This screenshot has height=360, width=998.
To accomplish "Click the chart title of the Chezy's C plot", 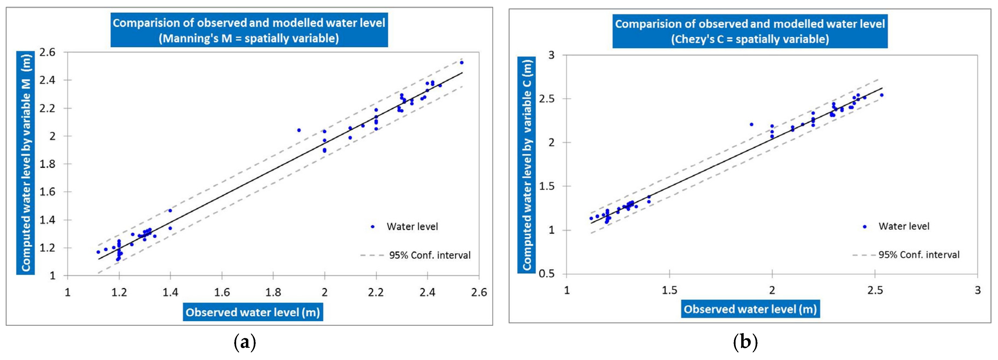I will pyautogui.click(x=750, y=31).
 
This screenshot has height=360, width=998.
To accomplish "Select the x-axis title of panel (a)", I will pyautogui.click(x=253, y=312).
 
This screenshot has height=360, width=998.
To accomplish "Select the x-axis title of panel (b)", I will pyautogui.click(x=750, y=309).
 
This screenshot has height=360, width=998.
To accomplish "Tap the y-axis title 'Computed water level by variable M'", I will pyautogui.click(x=26, y=163).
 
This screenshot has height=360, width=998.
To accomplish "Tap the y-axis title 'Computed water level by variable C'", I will pyautogui.click(x=527, y=165).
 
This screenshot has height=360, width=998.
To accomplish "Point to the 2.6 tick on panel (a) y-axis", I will pyautogui.click(x=47, y=52).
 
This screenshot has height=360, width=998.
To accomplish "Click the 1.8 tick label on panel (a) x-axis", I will pyautogui.click(x=273, y=292).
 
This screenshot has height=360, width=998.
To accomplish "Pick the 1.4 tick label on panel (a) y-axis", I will pyautogui.click(x=47, y=220).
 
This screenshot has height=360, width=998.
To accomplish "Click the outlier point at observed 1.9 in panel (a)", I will pyautogui.click(x=299, y=130).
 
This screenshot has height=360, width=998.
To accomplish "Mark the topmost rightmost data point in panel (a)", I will pyautogui.click(x=461, y=62).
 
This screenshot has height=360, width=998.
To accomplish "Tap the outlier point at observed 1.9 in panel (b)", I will pyautogui.click(x=751, y=124).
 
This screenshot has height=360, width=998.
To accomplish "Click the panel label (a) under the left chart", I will pyautogui.click(x=245, y=343).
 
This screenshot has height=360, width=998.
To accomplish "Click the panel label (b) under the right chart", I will pyautogui.click(x=745, y=343).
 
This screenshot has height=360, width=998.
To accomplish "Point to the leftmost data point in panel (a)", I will pyautogui.click(x=98, y=252).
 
